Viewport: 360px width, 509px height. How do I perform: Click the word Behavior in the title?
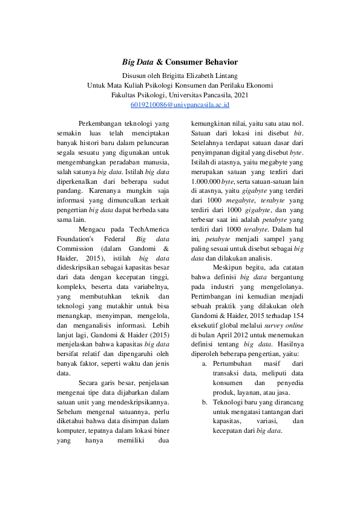pos(217,62)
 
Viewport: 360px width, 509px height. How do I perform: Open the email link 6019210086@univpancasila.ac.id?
pos(180,105)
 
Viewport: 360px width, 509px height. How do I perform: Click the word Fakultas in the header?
pos(125,95)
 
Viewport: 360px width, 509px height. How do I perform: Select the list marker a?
pos(205,364)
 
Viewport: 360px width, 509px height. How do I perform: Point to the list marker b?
pos(205,403)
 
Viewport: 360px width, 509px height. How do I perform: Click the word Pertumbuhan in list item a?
pos(231,364)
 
